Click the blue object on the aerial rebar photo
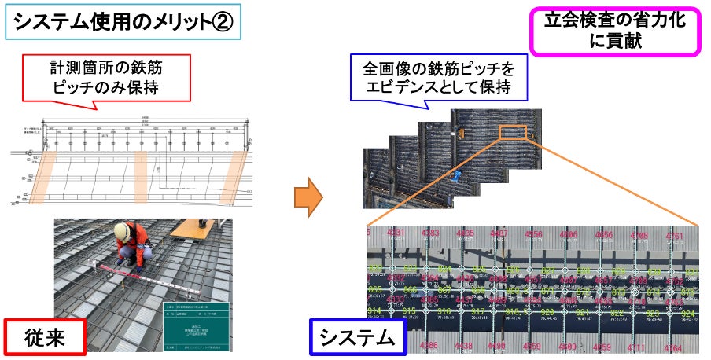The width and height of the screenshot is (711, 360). click(456, 174)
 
